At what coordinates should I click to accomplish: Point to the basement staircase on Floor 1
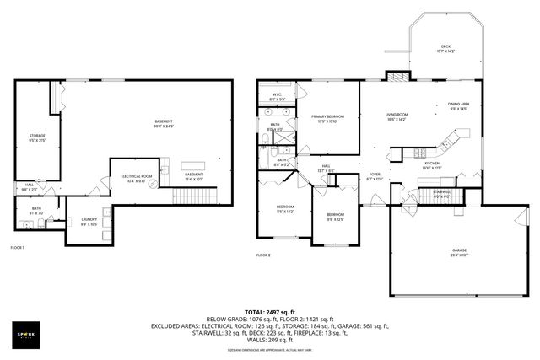(195, 197)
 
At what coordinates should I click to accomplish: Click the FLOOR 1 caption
(18, 248)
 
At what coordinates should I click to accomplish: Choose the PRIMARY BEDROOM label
(326, 117)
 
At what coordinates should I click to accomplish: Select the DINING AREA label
(459, 105)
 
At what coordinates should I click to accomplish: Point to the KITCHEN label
(432, 164)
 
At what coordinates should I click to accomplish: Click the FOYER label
(375, 176)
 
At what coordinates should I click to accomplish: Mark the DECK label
(446, 48)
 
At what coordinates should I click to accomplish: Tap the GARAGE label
(460, 251)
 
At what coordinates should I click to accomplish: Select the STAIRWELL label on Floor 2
(440, 192)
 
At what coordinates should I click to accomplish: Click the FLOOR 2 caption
(264, 255)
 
